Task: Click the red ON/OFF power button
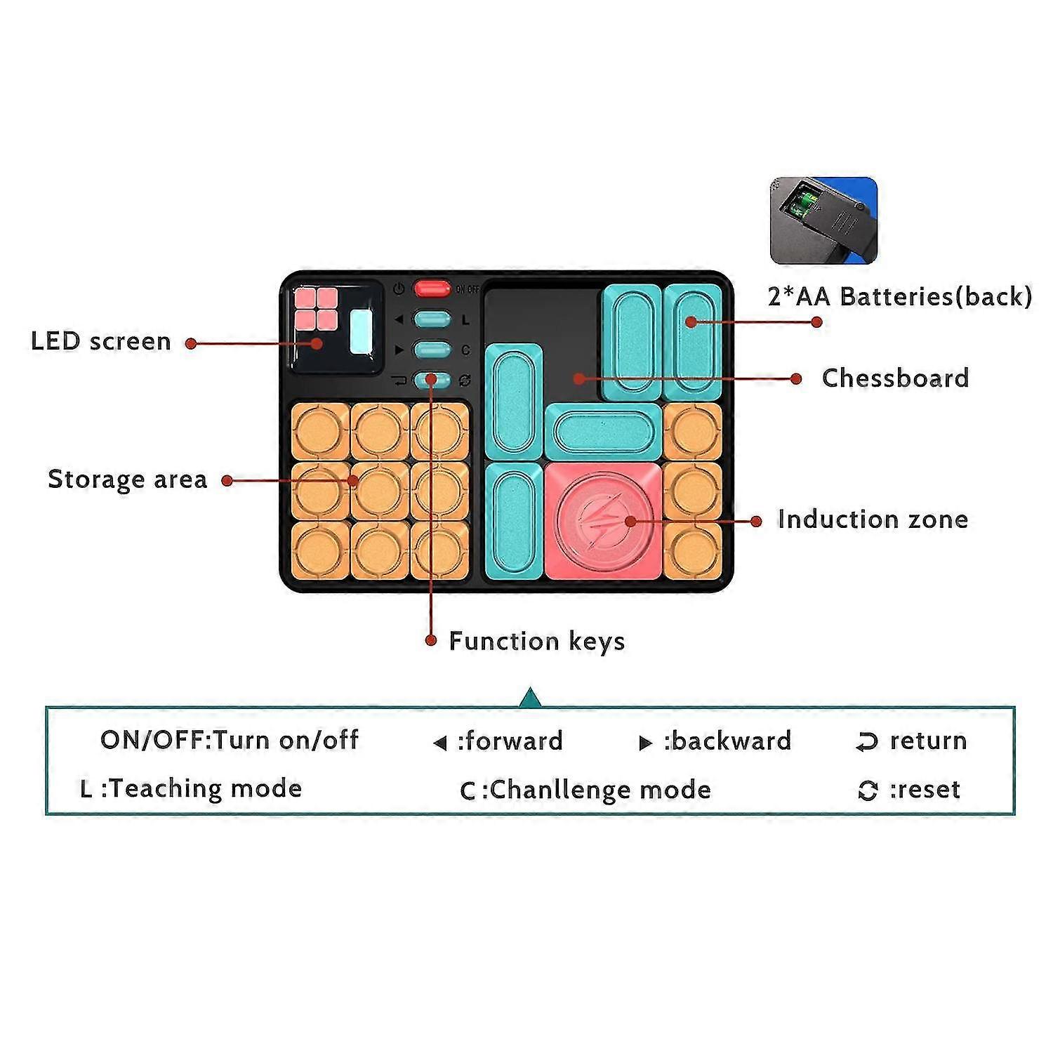tap(432, 288)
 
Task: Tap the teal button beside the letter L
tap(432, 319)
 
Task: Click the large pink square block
tap(603, 521)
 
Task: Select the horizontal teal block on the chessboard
tap(603, 432)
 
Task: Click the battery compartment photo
tap(823, 220)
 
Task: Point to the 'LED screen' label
tap(101, 341)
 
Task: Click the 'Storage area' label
tap(128, 479)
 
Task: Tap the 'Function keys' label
tap(537, 641)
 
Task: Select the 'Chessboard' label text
tap(895, 378)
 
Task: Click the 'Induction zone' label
tap(873, 519)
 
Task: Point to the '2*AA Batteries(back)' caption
tap(900, 296)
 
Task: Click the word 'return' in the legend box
tap(928, 741)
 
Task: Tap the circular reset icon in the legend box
tap(868, 791)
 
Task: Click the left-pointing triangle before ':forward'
tap(440, 743)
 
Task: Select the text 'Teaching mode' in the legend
tap(206, 789)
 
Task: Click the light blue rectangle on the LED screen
tap(361, 332)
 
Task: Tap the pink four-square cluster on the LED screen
tap(317, 309)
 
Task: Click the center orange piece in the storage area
tap(380, 491)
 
